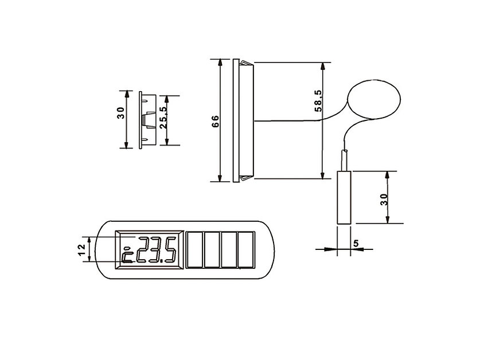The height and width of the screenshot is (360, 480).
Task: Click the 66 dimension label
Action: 216,122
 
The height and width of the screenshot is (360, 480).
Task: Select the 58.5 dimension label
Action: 318,101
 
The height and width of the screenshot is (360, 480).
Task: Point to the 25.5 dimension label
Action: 163,118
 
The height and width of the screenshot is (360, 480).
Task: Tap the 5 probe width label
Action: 356,244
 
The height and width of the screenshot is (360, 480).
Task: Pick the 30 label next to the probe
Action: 384,199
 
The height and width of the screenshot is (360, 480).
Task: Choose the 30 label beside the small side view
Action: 120,113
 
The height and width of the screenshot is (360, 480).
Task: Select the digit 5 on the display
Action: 171,249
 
